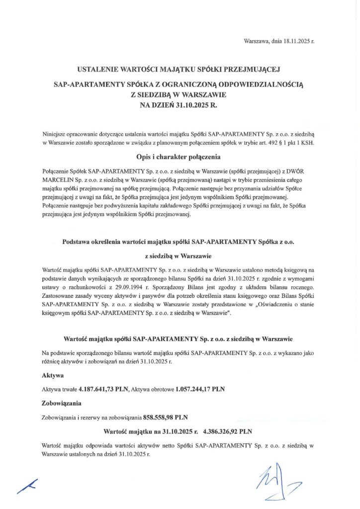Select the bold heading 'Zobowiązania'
pos(62,403)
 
